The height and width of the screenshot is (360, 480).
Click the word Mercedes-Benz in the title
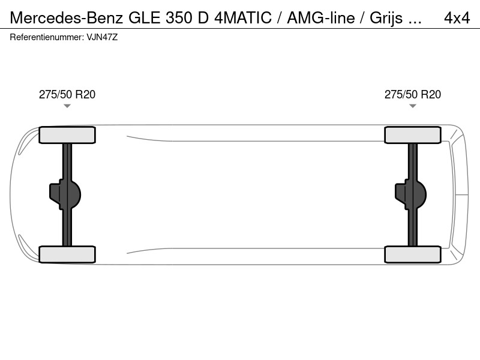click(x=67, y=18)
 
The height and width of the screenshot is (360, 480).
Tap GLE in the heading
click(x=145, y=18)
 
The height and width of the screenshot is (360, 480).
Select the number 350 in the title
click(x=178, y=18)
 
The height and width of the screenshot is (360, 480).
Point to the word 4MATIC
click(x=243, y=18)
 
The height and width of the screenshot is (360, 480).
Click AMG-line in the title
click(x=321, y=18)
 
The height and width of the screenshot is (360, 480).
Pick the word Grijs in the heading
click(x=386, y=19)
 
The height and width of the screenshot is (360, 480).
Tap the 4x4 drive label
click(x=457, y=18)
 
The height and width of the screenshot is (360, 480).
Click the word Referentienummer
click(x=47, y=37)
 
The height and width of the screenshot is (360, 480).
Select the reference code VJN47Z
click(x=102, y=37)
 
